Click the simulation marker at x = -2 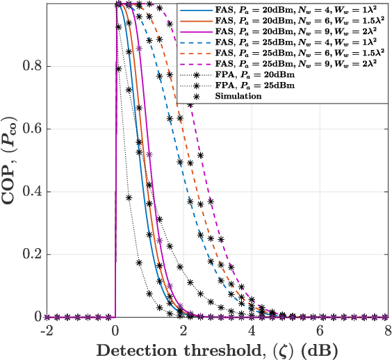tap(47, 317)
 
